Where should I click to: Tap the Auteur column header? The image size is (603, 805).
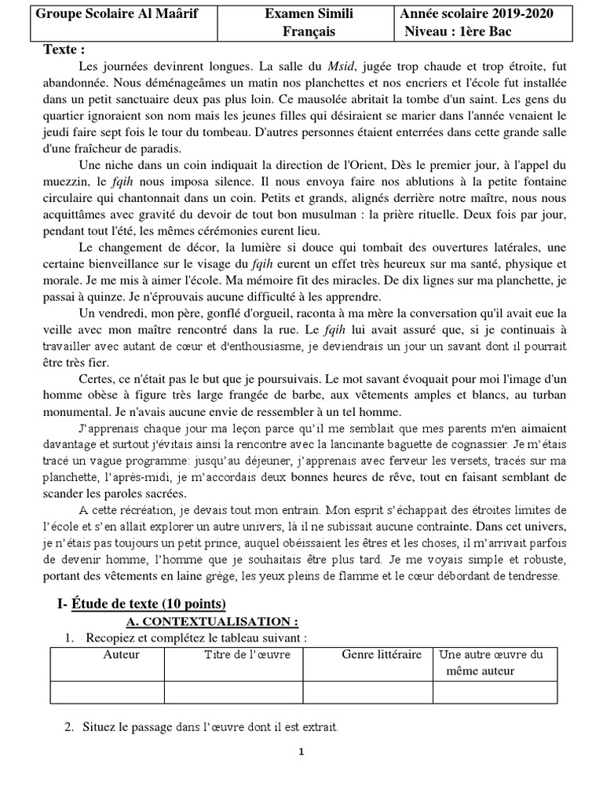122,654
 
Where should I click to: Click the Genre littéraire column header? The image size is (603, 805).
382,654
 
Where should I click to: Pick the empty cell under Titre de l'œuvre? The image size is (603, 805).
233,691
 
